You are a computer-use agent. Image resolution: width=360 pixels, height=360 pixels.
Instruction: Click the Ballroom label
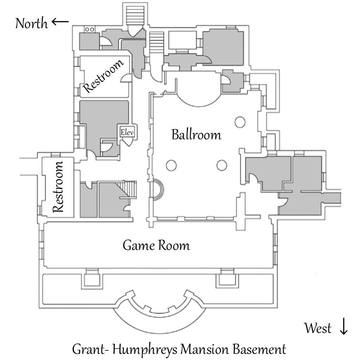tap(196, 135)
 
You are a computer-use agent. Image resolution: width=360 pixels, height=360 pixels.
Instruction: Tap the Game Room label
tap(156, 246)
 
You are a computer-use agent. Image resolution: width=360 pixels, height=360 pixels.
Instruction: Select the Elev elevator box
tap(127, 132)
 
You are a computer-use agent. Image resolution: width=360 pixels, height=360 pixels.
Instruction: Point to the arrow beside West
tap(343, 328)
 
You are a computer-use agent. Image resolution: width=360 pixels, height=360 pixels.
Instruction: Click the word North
tap(31, 23)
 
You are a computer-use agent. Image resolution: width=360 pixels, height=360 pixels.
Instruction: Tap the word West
tap(318, 328)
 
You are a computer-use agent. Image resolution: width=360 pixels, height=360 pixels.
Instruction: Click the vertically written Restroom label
tap(58, 187)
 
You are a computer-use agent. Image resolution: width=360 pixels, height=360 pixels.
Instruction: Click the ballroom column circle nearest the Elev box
tap(170, 166)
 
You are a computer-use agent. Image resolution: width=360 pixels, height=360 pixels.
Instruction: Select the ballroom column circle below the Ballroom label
tap(221, 165)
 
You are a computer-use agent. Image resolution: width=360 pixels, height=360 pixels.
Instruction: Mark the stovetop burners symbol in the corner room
tap(89, 29)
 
